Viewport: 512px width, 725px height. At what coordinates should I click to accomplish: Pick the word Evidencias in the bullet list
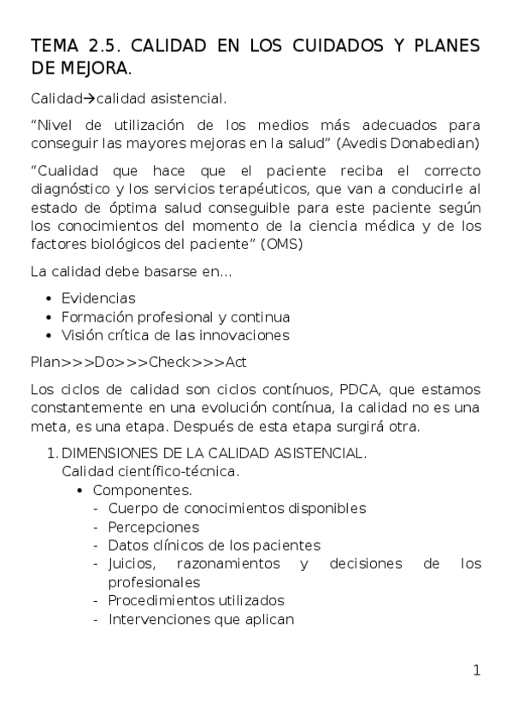tap(98, 298)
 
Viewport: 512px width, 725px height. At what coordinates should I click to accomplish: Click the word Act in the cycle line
tap(237, 362)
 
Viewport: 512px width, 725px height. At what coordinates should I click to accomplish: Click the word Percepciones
tap(154, 527)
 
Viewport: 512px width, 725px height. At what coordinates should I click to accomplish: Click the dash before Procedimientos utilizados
tap(96, 600)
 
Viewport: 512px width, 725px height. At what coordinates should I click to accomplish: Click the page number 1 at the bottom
tap(476, 671)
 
